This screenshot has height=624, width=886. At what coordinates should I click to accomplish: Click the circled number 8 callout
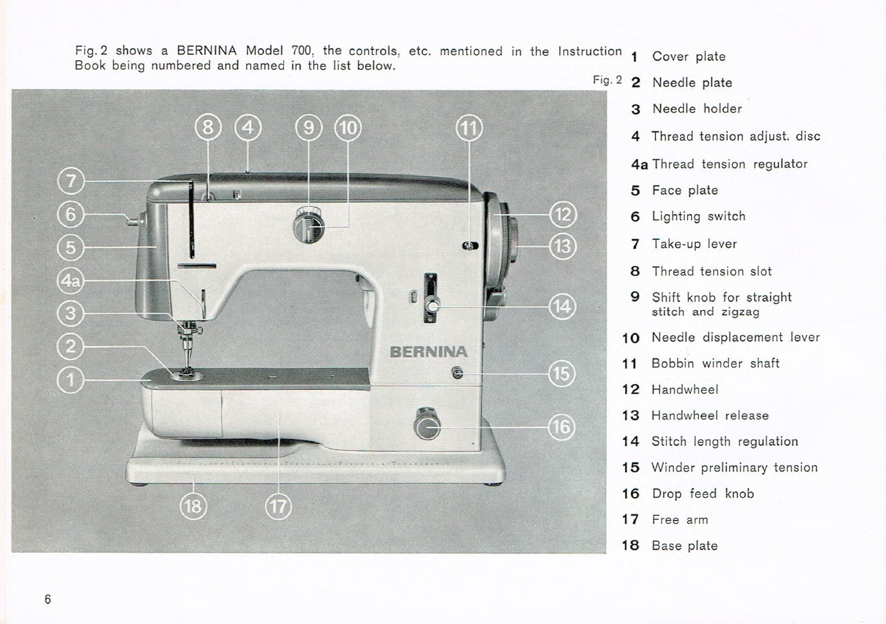207,127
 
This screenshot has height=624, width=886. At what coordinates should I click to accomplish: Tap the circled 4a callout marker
71,280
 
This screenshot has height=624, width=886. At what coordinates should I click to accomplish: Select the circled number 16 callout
561,427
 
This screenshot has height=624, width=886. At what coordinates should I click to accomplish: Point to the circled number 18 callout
193,506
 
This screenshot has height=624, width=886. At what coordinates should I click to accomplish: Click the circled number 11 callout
468,127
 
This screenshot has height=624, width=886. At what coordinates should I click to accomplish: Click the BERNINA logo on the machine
428,352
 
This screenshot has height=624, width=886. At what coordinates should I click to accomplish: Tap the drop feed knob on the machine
427,425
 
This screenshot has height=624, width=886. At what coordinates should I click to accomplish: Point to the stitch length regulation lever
432,306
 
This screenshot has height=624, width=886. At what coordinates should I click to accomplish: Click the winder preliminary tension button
457,373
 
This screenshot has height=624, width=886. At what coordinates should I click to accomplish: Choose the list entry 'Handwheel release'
709,415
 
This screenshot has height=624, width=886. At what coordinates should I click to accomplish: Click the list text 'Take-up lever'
694,244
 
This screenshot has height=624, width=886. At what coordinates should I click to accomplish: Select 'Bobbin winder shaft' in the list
715,363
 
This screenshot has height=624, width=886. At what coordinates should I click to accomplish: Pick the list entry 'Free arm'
679,520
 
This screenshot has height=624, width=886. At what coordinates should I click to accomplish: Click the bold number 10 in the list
630,338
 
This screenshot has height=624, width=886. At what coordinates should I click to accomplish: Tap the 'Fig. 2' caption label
607,80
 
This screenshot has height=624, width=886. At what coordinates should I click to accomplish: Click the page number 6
48,599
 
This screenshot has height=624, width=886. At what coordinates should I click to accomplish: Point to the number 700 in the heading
302,51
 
